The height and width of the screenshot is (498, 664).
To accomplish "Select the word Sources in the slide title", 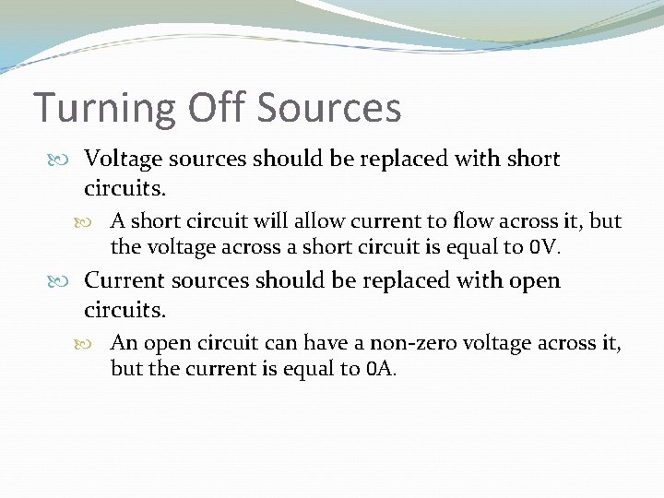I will (x=329, y=108).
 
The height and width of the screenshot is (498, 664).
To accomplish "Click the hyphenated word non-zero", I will (x=408, y=343).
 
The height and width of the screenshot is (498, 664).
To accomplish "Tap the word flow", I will (x=464, y=221).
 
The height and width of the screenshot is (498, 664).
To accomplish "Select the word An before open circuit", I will (x=124, y=343).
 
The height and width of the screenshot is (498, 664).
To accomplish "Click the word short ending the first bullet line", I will (x=533, y=159).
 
